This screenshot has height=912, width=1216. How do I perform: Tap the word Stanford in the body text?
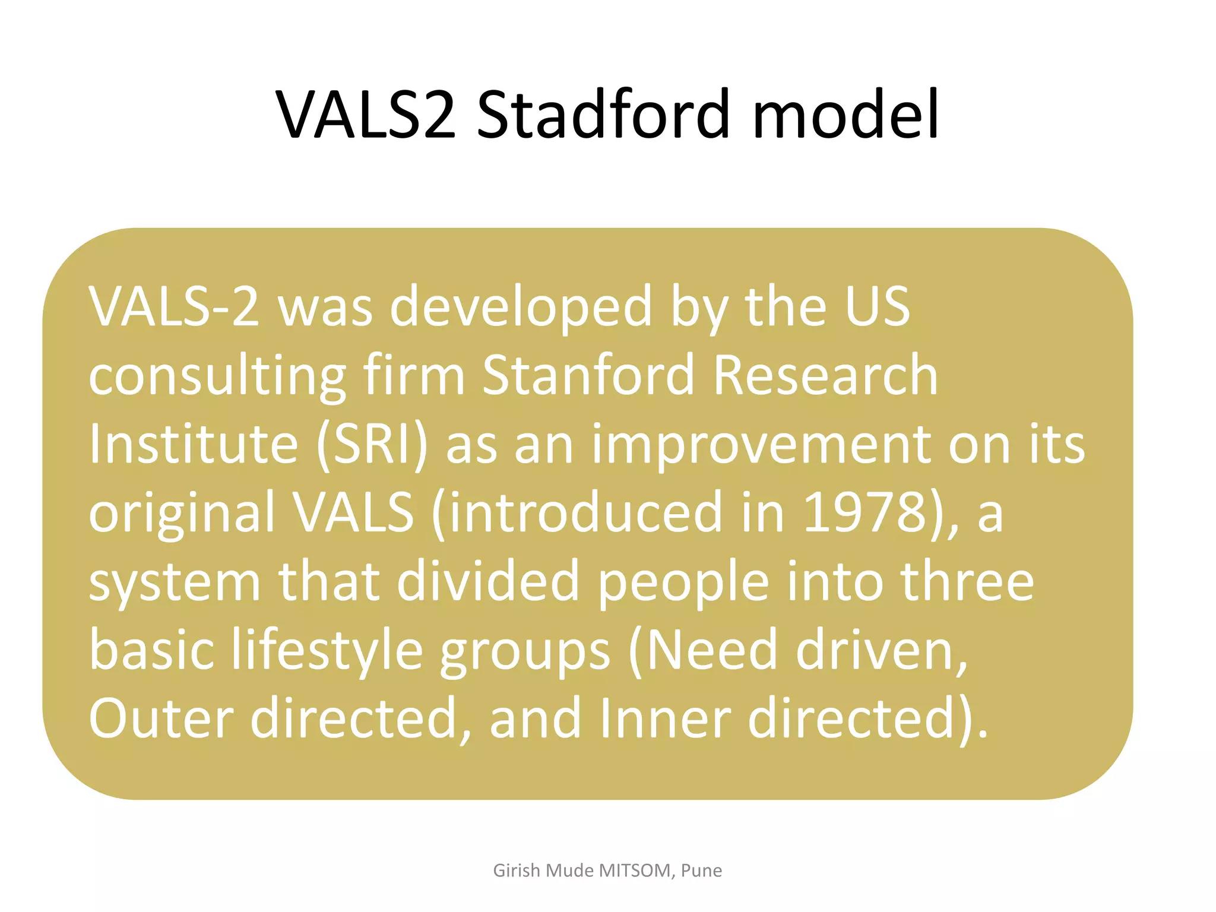pyautogui.click(x=587, y=375)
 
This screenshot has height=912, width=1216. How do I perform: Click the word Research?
pyautogui.click(x=825, y=375)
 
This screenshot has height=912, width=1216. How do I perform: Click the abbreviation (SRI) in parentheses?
pyautogui.click(x=372, y=445)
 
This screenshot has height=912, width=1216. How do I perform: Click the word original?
pyautogui.click(x=181, y=514)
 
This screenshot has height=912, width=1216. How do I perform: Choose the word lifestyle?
pyautogui.click(x=327, y=652)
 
